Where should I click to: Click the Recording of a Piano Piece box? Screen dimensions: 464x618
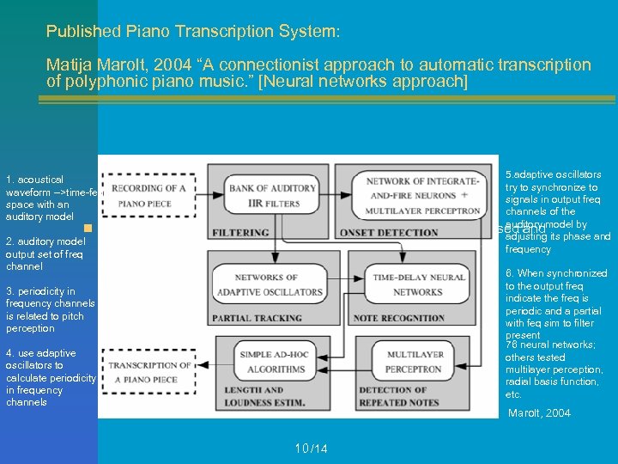149,195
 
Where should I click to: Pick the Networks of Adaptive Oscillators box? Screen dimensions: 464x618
267,284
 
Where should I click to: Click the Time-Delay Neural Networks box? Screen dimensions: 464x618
417,284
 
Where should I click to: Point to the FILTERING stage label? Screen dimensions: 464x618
240,232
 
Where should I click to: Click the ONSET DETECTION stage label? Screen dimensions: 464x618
389,232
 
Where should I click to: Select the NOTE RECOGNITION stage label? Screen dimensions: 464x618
402,318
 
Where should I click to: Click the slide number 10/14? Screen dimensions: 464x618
311,449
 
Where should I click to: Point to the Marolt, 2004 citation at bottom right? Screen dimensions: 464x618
539,413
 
